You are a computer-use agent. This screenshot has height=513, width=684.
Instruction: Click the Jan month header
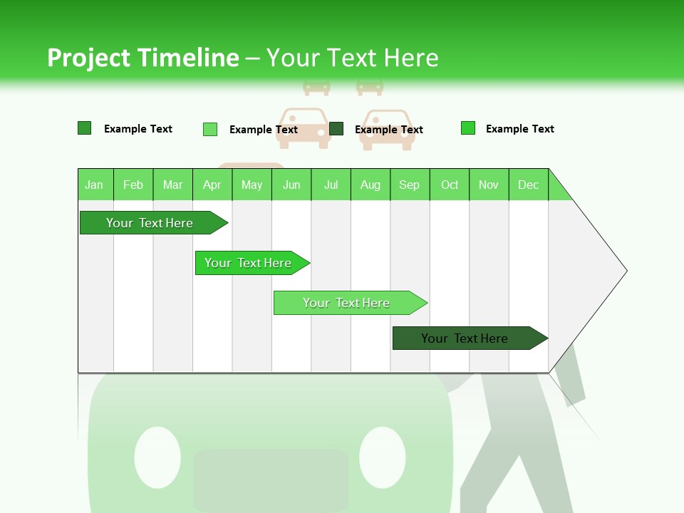pos(95,185)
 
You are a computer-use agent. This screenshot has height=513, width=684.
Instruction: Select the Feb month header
pos(133,185)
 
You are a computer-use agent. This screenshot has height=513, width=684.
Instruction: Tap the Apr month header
pos(212,185)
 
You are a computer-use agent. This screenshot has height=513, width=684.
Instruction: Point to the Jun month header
pos(291,185)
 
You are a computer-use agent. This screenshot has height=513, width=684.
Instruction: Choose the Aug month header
pos(370,185)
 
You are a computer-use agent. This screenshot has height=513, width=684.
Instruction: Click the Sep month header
pos(410,185)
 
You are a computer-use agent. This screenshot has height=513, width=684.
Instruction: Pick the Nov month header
pos(489,185)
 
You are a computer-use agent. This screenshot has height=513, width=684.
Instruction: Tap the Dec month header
pos(529,185)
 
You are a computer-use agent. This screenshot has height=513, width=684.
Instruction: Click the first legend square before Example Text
pos(85,128)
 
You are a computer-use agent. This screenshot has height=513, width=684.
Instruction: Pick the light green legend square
pos(210,129)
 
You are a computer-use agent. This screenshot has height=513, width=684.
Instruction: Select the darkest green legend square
pos(336,129)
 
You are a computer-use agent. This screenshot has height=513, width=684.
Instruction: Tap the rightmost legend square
pos(468,128)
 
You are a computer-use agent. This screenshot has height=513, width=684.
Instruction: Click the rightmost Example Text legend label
pos(519,129)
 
